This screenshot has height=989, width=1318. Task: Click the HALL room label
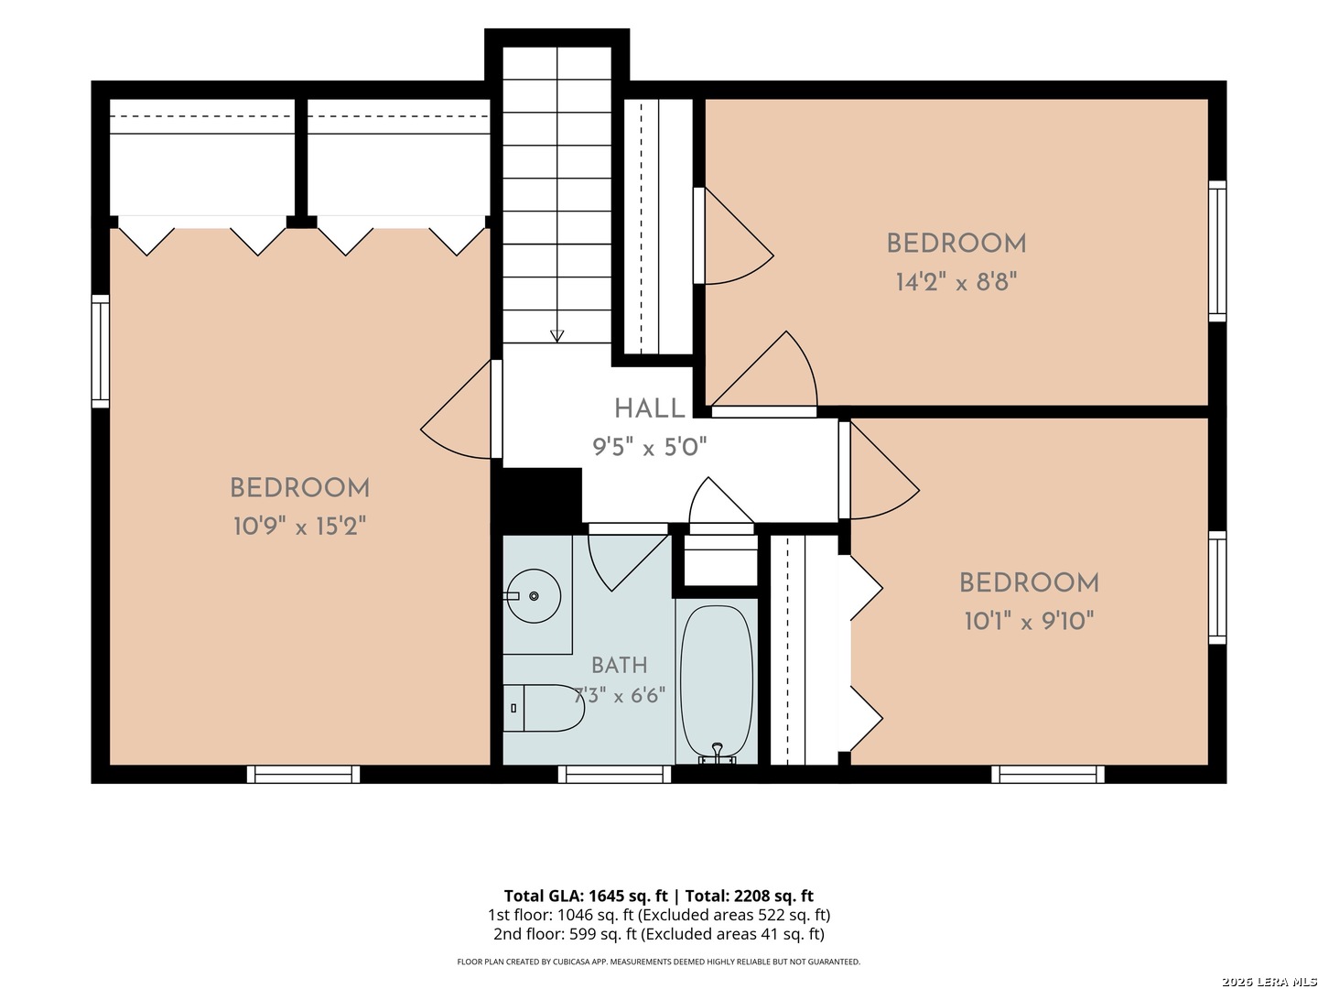(x=649, y=409)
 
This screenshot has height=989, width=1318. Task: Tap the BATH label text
(x=619, y=666)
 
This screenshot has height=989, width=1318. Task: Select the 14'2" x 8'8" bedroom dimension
(x=956, y=282)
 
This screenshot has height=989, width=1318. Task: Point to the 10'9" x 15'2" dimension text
(x=299, y=527)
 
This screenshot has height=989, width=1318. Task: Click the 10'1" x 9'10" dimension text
(x=1029, y=621)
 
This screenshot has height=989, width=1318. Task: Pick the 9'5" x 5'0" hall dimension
(x=649, y=447)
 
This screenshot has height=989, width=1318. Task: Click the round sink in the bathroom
(x=534, y=595)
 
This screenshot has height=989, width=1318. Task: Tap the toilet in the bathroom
(x=544, y=708)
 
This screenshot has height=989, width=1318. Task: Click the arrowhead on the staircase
(x=556, y=336)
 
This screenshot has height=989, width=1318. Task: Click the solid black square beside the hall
(x=536, y=501)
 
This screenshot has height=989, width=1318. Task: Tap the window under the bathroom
(x=614, y=775)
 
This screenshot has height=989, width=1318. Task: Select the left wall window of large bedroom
(x=101, y=352)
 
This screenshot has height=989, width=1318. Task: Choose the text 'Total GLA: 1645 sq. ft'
(x=586, y=896)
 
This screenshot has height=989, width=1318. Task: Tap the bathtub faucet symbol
(x=717, y=754)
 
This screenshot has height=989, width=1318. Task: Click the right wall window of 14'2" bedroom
(x=1217, y=251)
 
